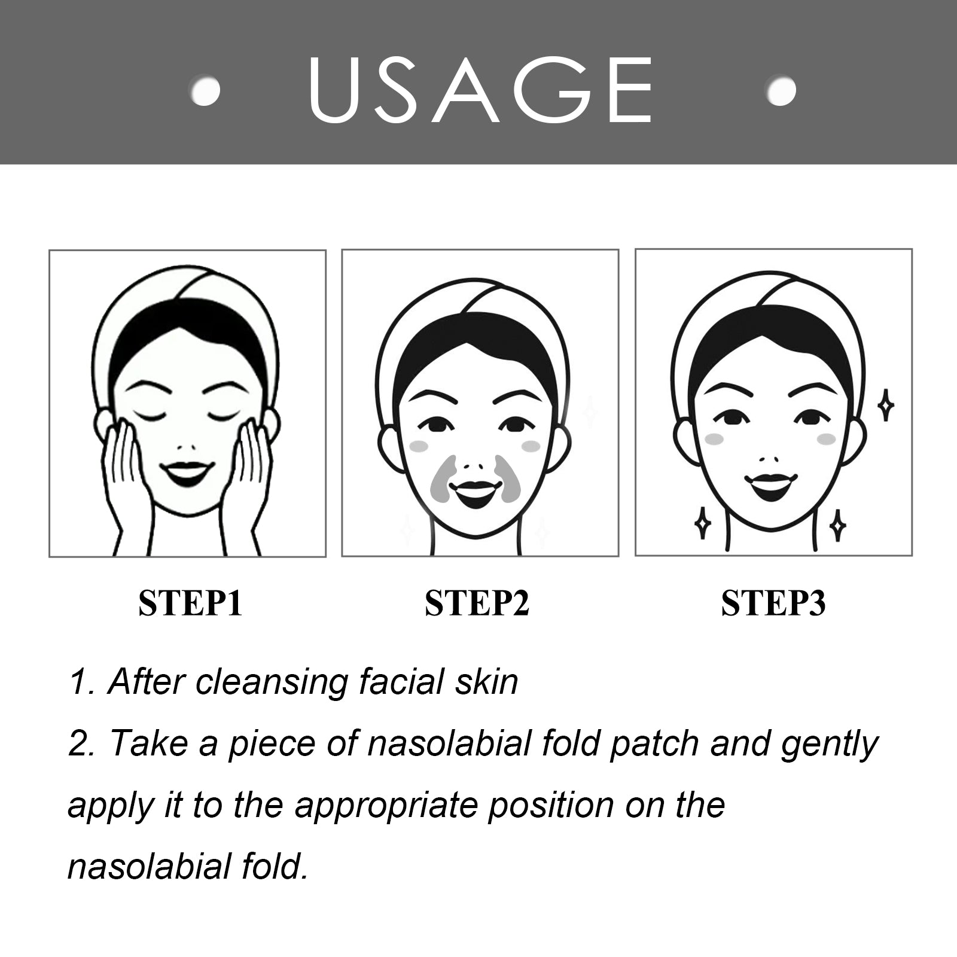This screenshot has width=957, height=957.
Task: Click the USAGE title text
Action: pos(480,90)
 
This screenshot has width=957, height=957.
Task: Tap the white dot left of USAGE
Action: pos(205,91)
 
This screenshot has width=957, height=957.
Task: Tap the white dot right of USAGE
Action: pos(781,91)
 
